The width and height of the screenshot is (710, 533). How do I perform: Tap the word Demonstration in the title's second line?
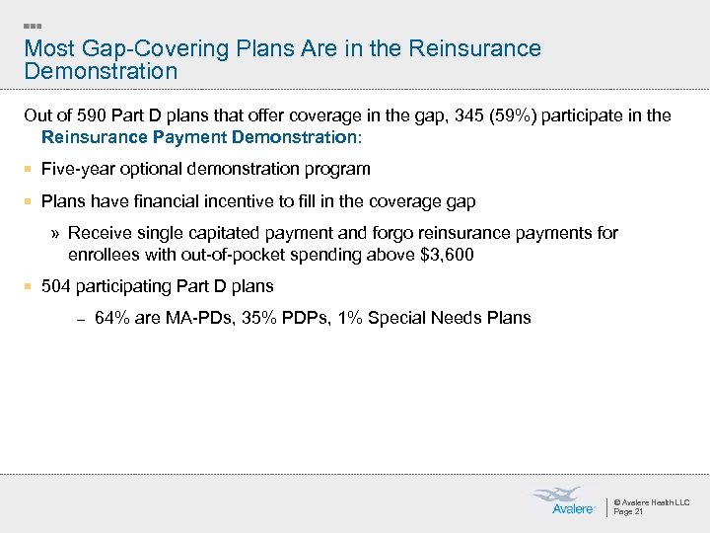pyautogui.click(x=101, y=72)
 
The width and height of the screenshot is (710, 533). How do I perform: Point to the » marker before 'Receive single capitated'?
pyautogui.click(x=55, y=234)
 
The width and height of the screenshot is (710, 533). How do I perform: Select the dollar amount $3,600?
pyautogui.click(x=447, y=255)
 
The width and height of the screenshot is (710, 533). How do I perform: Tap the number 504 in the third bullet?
pyautogui.click(x=56, y=286)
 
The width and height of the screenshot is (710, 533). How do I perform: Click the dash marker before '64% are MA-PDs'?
pyautogui.click(x=81, y=319)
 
